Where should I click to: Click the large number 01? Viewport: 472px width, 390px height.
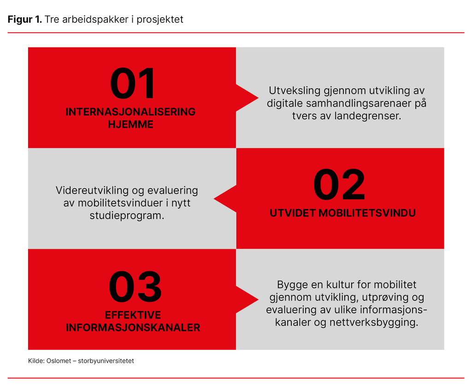point(133,84)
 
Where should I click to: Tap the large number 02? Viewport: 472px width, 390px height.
point(339,185)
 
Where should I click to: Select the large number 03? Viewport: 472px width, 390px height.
point(135,287)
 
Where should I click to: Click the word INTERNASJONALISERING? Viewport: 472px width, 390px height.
point(130,112)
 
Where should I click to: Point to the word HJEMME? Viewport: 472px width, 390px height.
point(130,125)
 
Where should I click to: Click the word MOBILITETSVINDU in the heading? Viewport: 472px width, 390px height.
point(367,213)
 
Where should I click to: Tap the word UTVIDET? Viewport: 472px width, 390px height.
point(292,213)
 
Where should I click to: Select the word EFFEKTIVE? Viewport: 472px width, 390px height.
point(133,315)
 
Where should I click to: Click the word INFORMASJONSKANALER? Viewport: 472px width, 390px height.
point(133,328)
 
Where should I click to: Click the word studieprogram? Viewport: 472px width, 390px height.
point(127,216)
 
